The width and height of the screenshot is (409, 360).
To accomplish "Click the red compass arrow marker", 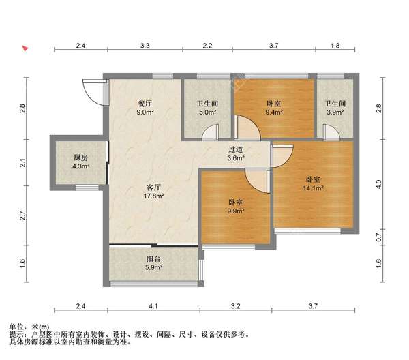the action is [x=25, y=48].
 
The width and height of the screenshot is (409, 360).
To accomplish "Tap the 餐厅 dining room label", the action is [x=145, y=104].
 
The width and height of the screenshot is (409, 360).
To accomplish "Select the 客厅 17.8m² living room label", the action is [x=153, y=192].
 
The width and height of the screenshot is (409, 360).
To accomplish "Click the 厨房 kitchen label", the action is [x=81, y=157].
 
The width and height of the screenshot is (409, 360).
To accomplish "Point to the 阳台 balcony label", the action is [x=153, y=259].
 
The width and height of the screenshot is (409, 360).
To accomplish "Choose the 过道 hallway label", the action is [x=236, y=149].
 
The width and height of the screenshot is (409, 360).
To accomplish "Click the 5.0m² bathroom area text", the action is [x=208, y=112].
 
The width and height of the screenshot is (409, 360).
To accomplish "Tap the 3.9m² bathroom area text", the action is [x=335, y=112].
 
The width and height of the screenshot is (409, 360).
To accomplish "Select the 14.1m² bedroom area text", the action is [x=314, y=187].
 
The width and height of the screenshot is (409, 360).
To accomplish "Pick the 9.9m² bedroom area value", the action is [x=236, y=211].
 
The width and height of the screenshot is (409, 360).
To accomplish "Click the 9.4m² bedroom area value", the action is [x=274, y=112].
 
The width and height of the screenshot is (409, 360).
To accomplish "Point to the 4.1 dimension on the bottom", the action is [x=153, y=305].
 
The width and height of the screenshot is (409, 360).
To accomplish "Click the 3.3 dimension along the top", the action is [x=145, y=46].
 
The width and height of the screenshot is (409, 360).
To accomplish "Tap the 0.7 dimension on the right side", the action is [x=379, y=237].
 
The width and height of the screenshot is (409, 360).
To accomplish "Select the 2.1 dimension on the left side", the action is [x=23, y=163].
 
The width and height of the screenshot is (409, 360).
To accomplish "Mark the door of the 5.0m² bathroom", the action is [x=210, y=132].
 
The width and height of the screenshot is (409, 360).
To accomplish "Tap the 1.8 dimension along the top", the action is [x=335, y=46].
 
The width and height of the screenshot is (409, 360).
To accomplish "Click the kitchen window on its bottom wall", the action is [x=87, y=187].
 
